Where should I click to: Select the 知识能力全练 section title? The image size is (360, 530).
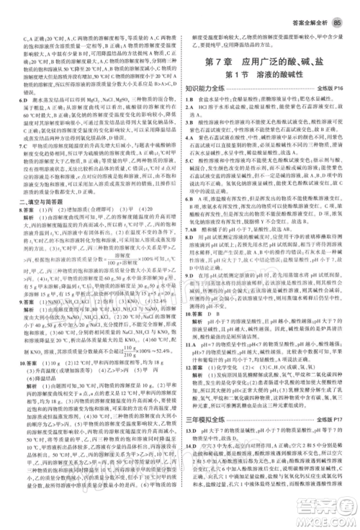(x=208, y=90)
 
